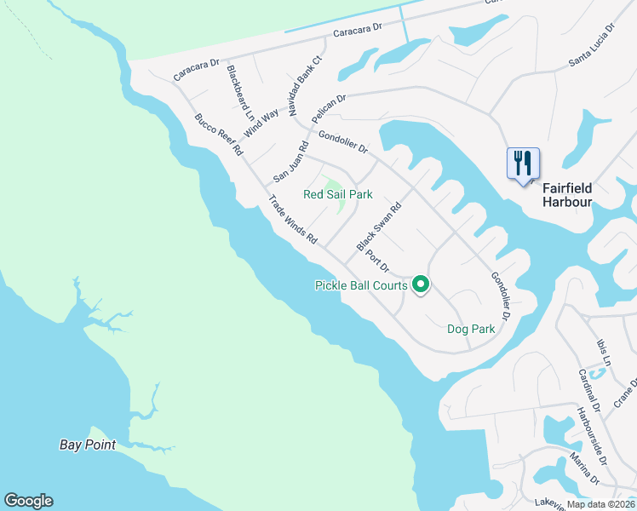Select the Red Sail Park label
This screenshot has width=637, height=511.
tap(338, 194)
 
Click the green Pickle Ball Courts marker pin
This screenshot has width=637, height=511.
tap(420, 285)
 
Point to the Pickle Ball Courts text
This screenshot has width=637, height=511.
tap(361, 285)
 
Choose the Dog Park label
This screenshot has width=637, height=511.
tap(471, 329)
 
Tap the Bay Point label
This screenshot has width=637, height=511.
tap(88, 445)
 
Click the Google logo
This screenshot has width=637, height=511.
tap(28, 501)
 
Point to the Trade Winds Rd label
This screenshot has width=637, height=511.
tap(293, 219)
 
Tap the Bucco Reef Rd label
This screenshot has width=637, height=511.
tap(219, 135)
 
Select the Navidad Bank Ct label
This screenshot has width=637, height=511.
tap(305, 86)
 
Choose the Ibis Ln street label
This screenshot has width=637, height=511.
tap(605, 350)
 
